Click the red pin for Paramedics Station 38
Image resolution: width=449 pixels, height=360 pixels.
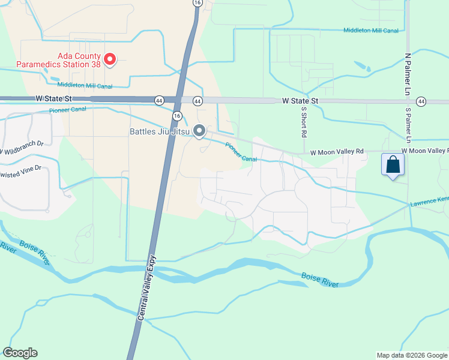coord(110,59)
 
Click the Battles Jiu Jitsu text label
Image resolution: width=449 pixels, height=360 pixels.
coord(159,131)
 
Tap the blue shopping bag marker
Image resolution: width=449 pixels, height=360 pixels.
coord(393,164)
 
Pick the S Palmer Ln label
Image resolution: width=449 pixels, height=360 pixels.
coord(408,125)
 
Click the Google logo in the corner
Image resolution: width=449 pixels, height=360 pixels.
coord(20,353)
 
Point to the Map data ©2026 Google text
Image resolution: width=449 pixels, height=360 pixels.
coord(412,355)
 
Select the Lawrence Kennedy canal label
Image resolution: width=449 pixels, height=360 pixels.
coord(429,202)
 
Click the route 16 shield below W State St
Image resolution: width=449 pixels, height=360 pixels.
coord(176,115)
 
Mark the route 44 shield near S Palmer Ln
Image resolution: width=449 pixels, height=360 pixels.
coord(421,101)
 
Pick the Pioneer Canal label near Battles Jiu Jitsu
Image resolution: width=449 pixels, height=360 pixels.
coord(241,152)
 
